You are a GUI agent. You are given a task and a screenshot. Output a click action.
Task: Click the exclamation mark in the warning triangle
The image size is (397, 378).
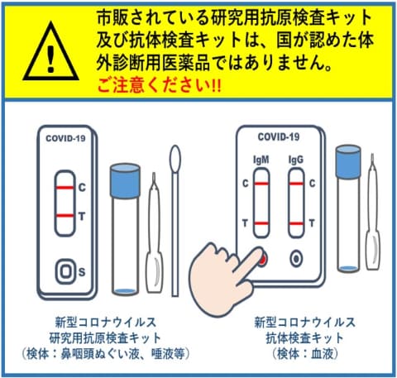point(50,59)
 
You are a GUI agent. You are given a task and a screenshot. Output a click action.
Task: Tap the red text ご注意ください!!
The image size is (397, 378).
point(159,85)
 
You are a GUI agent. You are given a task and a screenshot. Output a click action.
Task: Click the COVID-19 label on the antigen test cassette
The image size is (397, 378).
point(65,138)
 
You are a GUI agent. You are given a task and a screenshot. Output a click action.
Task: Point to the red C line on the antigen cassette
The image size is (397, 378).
point(65,188)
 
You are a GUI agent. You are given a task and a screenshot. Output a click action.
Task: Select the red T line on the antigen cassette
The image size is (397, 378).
point(65,216)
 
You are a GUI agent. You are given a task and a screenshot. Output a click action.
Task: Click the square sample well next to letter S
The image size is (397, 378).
point(65,271)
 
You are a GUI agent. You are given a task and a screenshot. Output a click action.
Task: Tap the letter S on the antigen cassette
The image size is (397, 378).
point(82,272)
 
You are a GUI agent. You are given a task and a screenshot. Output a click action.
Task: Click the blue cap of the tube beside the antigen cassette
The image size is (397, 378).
point(125,180)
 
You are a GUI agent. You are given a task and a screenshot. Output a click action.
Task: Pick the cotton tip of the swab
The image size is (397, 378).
point(175,159)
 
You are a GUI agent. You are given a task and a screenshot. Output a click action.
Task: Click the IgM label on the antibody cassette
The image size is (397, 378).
point(261,160)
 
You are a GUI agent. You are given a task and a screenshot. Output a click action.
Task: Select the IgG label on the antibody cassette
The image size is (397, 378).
point(296,160)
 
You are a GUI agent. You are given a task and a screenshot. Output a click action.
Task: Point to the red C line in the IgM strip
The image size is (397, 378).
point(261,184)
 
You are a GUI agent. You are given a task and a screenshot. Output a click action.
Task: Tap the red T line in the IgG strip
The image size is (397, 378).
point(296,223)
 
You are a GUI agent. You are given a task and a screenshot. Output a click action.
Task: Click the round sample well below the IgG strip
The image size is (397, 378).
point(296,259)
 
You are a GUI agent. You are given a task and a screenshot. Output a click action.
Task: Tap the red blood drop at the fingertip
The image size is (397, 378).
point(263,259)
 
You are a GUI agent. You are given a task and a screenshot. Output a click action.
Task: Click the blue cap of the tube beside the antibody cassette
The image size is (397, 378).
point(348,161)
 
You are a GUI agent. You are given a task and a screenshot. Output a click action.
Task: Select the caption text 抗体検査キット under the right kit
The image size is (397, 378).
point(304,338)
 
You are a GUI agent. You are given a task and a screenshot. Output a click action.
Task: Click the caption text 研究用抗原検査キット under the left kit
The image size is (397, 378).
point(105,338)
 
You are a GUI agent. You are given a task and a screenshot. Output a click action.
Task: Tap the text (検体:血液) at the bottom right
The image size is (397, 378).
point(304,354)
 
